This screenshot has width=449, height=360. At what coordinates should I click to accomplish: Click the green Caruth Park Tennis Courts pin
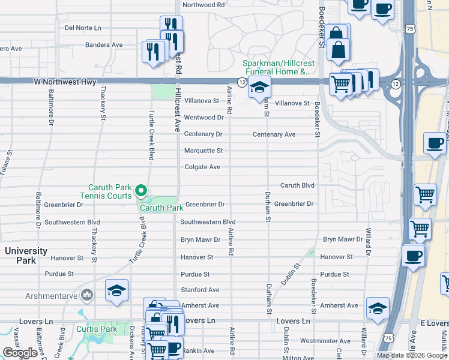[141, 191]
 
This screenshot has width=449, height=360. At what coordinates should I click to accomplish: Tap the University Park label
[26, 256]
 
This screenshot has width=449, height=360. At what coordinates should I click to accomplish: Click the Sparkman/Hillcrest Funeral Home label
[277, 68]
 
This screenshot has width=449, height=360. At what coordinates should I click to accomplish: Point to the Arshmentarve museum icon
[87, 295]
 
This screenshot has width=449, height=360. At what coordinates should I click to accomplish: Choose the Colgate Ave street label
[202, 167]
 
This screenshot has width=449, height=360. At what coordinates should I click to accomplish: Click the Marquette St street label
[203, 151]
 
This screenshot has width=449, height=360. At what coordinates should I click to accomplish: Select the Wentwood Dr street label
[203, 118]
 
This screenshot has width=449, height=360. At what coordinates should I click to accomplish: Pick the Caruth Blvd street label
[297, 185]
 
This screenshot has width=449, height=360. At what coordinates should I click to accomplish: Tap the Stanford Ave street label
[200, 290]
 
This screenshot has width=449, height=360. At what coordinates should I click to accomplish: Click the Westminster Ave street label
[325, 340]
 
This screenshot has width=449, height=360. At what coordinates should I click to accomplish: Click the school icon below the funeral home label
[260, 89]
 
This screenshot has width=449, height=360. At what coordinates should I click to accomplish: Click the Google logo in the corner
[20, 353]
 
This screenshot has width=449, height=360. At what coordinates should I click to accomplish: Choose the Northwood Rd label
[203, 5]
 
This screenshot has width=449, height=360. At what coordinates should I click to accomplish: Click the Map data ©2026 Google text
[412, 355]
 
